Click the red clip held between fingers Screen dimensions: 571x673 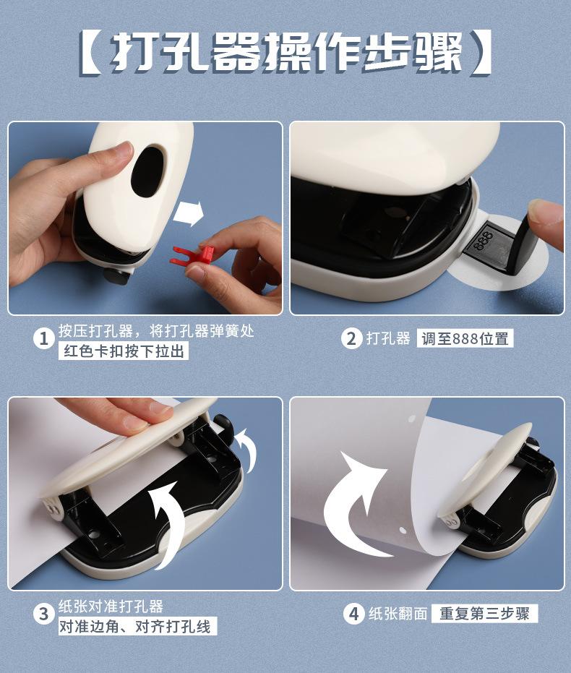[x=194, y=256]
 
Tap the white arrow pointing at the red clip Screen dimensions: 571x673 [x=189, y=213]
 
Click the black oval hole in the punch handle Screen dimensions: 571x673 [x=148, y=172]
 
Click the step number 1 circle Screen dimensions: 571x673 [x=44, y=339]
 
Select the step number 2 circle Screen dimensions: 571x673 [x=352, y=338]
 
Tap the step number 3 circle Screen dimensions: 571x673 [x=44, y=614]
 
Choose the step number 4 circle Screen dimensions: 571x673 [x=353, y=614]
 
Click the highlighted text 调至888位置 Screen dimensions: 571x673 [x=465, y=338]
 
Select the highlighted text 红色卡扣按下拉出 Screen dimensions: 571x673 [x=124, y=351]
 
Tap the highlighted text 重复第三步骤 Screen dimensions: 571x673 [x=484, y=613]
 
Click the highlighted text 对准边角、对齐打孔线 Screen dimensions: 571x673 [x=138, y=626]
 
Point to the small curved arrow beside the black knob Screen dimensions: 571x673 [x=247, y=450]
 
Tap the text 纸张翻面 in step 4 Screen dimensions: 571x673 [x=398, y=614]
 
